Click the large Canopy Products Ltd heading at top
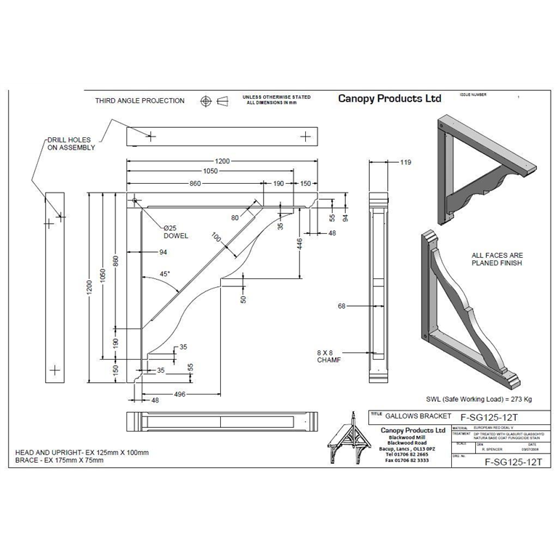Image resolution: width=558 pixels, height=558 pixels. [x=389, y=98]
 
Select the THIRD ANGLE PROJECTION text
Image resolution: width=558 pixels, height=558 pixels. [x=139, y=101]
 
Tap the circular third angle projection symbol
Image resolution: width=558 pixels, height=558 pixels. [x=206, y=100]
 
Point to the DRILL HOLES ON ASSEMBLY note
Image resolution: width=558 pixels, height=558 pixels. [x=71, y=143]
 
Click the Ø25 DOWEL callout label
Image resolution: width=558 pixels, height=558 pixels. [x=175, y=232]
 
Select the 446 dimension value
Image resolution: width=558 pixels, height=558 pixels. [x=299, y=244]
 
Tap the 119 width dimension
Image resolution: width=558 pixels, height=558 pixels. [x=405, y=163]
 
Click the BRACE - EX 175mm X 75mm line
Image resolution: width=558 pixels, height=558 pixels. [x=60, y=461]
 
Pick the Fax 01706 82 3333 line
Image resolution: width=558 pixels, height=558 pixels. [x=407, y=461]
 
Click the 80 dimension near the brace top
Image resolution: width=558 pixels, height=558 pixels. [x=235, y=217]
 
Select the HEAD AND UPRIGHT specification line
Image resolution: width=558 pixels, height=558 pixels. [x=82, y=453]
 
